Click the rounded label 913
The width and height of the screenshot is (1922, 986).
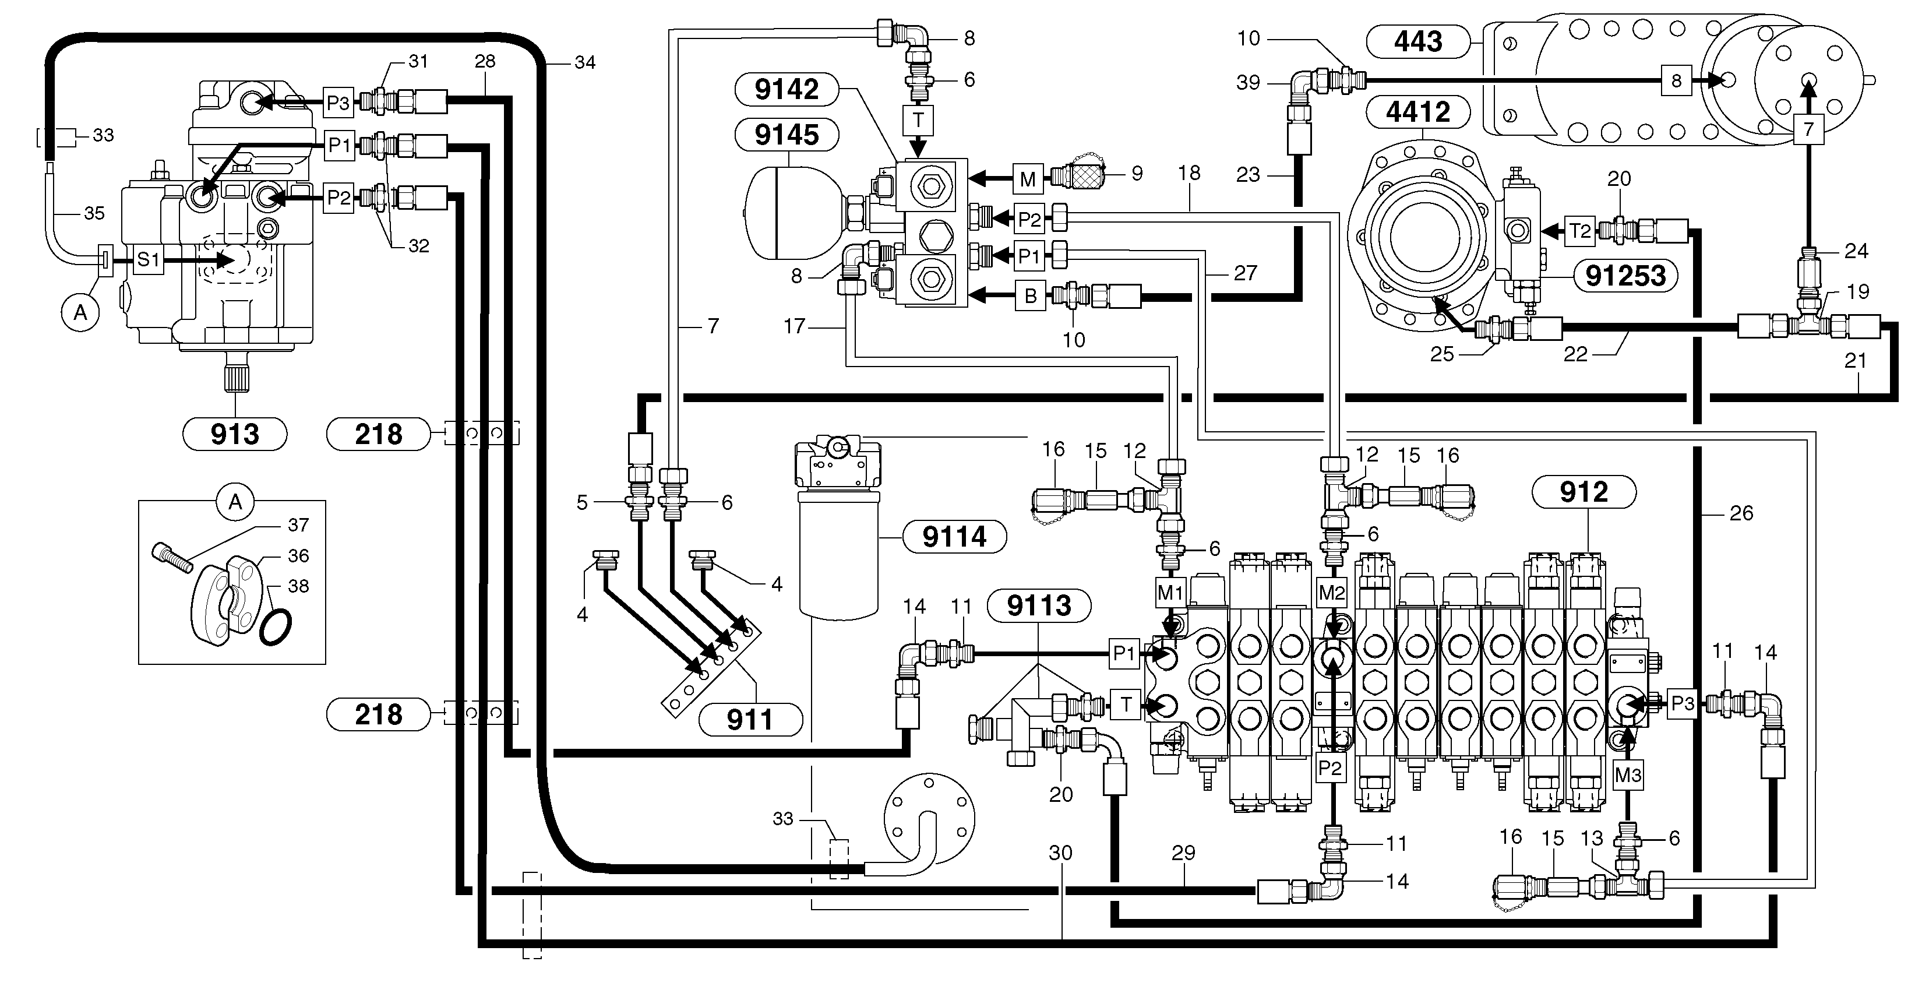click(235, 434)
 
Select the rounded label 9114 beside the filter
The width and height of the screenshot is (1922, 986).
click(954, 537)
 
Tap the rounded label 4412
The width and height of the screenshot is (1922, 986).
click(1417, 112)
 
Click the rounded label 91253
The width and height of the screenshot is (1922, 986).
click(1625, 276)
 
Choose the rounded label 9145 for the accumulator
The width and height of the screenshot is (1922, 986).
click(787, 135)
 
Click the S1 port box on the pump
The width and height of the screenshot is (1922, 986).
click(149, 260)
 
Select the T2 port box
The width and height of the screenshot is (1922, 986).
click(1580, 231)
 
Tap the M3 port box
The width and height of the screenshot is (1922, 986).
click(1627, 776)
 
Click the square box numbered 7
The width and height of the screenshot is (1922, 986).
click(1808, 129)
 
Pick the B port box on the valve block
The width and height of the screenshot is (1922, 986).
click(1031, 296)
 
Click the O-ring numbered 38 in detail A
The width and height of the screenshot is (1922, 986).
click(276, 625)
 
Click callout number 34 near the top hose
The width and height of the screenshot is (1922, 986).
click(585, 63)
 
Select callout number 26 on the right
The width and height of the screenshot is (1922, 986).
click(1741, 513)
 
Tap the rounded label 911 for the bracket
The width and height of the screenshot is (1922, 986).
click(750, 720)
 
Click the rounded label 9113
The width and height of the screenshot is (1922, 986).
click(1039, 605)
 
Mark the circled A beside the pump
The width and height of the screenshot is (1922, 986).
click(80, 313)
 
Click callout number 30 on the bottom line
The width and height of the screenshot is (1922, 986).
click(1060, 853)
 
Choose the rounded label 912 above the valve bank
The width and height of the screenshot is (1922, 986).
click(1584, 492)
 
